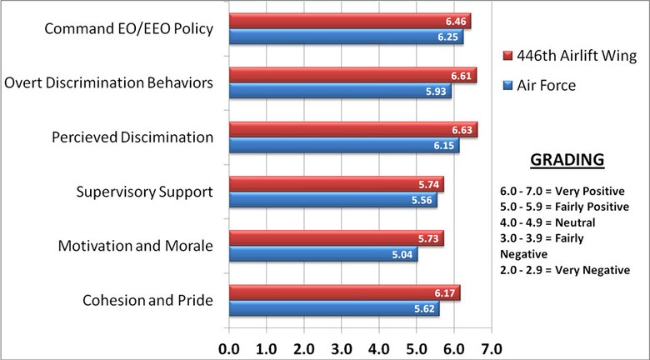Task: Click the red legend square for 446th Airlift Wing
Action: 508,57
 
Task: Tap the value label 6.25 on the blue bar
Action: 448,37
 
